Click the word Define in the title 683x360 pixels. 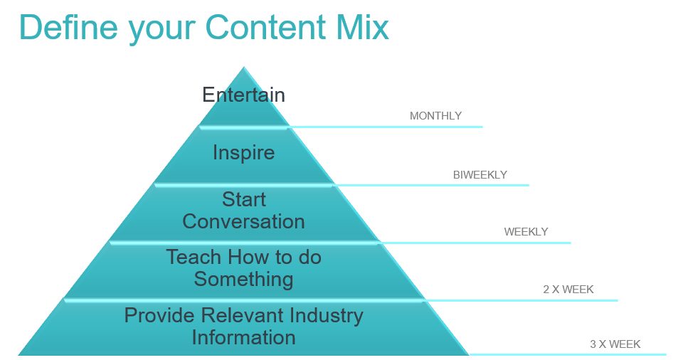[x=68, y=27]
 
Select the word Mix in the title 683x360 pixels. [x=363, y=27]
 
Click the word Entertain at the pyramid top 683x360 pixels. [x=243, y=95]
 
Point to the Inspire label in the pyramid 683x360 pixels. [x=243, y=153]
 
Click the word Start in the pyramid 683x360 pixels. [x=243, y=199]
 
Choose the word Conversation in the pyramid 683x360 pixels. [x=243, y=221]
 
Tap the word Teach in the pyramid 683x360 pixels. [x=194, y=257]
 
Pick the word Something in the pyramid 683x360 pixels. [x=243, y=280]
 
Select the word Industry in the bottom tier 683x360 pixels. [x=327, y=316]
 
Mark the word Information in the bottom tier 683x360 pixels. [x=243, y=337]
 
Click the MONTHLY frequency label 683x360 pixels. [x=435, y=116]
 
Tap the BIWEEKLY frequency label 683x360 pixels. [x=480, y=175]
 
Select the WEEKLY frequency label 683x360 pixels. [x=526, y=232]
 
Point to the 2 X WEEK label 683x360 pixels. [x=568, y=290]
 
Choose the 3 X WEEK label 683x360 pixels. [x=615, y=344]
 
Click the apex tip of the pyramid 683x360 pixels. [x=244, y=67]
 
